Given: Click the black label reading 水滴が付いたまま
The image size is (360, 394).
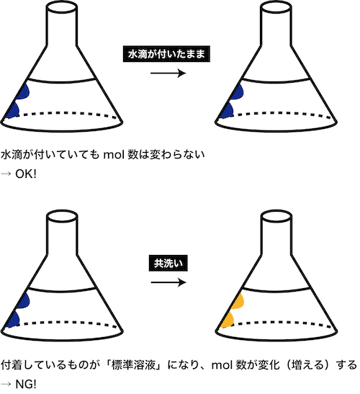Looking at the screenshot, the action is [166, 54].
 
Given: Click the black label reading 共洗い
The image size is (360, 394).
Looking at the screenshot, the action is [168, 263].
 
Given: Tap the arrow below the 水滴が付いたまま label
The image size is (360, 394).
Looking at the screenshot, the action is [168, 73].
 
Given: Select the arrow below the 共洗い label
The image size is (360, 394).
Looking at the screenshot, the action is [168, 282].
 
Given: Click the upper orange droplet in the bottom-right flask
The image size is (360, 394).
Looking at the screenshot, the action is [239, 302].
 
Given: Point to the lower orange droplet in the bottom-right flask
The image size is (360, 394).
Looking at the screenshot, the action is [229, 320].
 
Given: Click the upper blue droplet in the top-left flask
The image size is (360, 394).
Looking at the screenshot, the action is [24, 91].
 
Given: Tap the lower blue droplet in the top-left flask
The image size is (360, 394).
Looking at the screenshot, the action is [13, 109].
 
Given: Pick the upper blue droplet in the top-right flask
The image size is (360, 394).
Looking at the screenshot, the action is [238, 91].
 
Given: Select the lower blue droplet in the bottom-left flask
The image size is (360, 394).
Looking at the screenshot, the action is [13, 319].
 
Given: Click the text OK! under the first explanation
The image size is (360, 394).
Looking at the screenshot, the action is [26, 174].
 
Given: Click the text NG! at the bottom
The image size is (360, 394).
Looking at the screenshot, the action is [26, 384].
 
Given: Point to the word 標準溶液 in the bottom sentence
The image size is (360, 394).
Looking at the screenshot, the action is [133, 365].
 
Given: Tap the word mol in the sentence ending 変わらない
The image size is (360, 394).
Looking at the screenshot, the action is [114, 155].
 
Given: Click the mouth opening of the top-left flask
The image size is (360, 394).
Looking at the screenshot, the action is [61, 7].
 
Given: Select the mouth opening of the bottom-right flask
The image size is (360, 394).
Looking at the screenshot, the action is [276, 216].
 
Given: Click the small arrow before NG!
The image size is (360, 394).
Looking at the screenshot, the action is [6, 385].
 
